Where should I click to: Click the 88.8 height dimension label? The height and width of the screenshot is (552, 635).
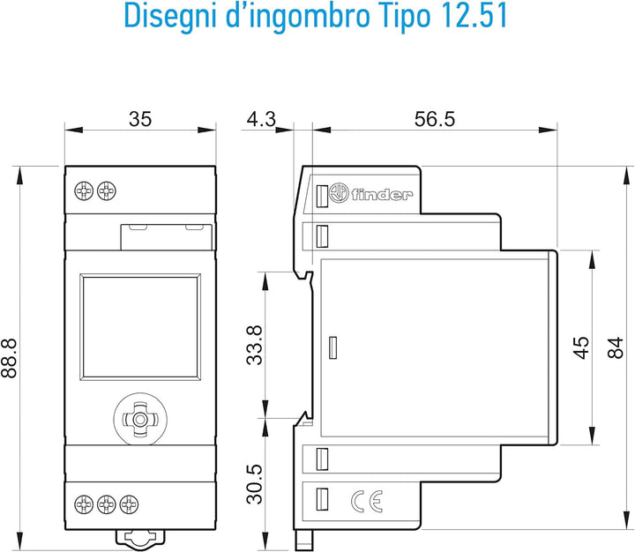pyautogui.click(x=9, y=358)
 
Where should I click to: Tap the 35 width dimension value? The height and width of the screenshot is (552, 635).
pyautogui.click(x=140, y=119)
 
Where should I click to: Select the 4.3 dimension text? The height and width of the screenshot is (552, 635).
pyautogui.click(x=261, y=119)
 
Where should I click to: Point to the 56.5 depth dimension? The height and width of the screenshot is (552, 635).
pyautogui.click(x=435, y=119)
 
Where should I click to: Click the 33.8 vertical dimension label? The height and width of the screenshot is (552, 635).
pyautogui.click(x=255, y=346)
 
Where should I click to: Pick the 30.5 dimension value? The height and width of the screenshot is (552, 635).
pyautogui.click(x=255, y=484)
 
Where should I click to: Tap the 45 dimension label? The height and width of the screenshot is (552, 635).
pyautogui.click(x=581, y=347)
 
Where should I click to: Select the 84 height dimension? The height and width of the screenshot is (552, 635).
pyautogui.click(x=616, y=347)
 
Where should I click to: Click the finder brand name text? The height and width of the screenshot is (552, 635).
pyautogui.click(x=382, y=195)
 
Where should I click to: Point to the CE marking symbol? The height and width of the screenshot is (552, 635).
pyautogui.click(x=367, y=502)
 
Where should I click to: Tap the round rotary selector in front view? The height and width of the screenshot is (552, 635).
pyautogui.click(x=140, y=419)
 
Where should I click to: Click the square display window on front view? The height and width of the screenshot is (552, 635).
pyautogui.click(x=140, y=327)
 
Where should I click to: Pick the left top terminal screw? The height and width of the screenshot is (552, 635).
pyautogui.click(x=84, y=190)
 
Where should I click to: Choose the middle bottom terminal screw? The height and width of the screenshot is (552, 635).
pyautogui.click(x=107, y=504)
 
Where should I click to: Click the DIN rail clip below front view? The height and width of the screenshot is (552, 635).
pyautogui.click(x=140, y=539)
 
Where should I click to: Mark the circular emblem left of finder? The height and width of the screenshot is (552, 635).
pyautogui.click(x=339, y=193)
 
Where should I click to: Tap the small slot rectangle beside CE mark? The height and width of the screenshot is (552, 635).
pyautogui.click(x=322, y=499)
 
